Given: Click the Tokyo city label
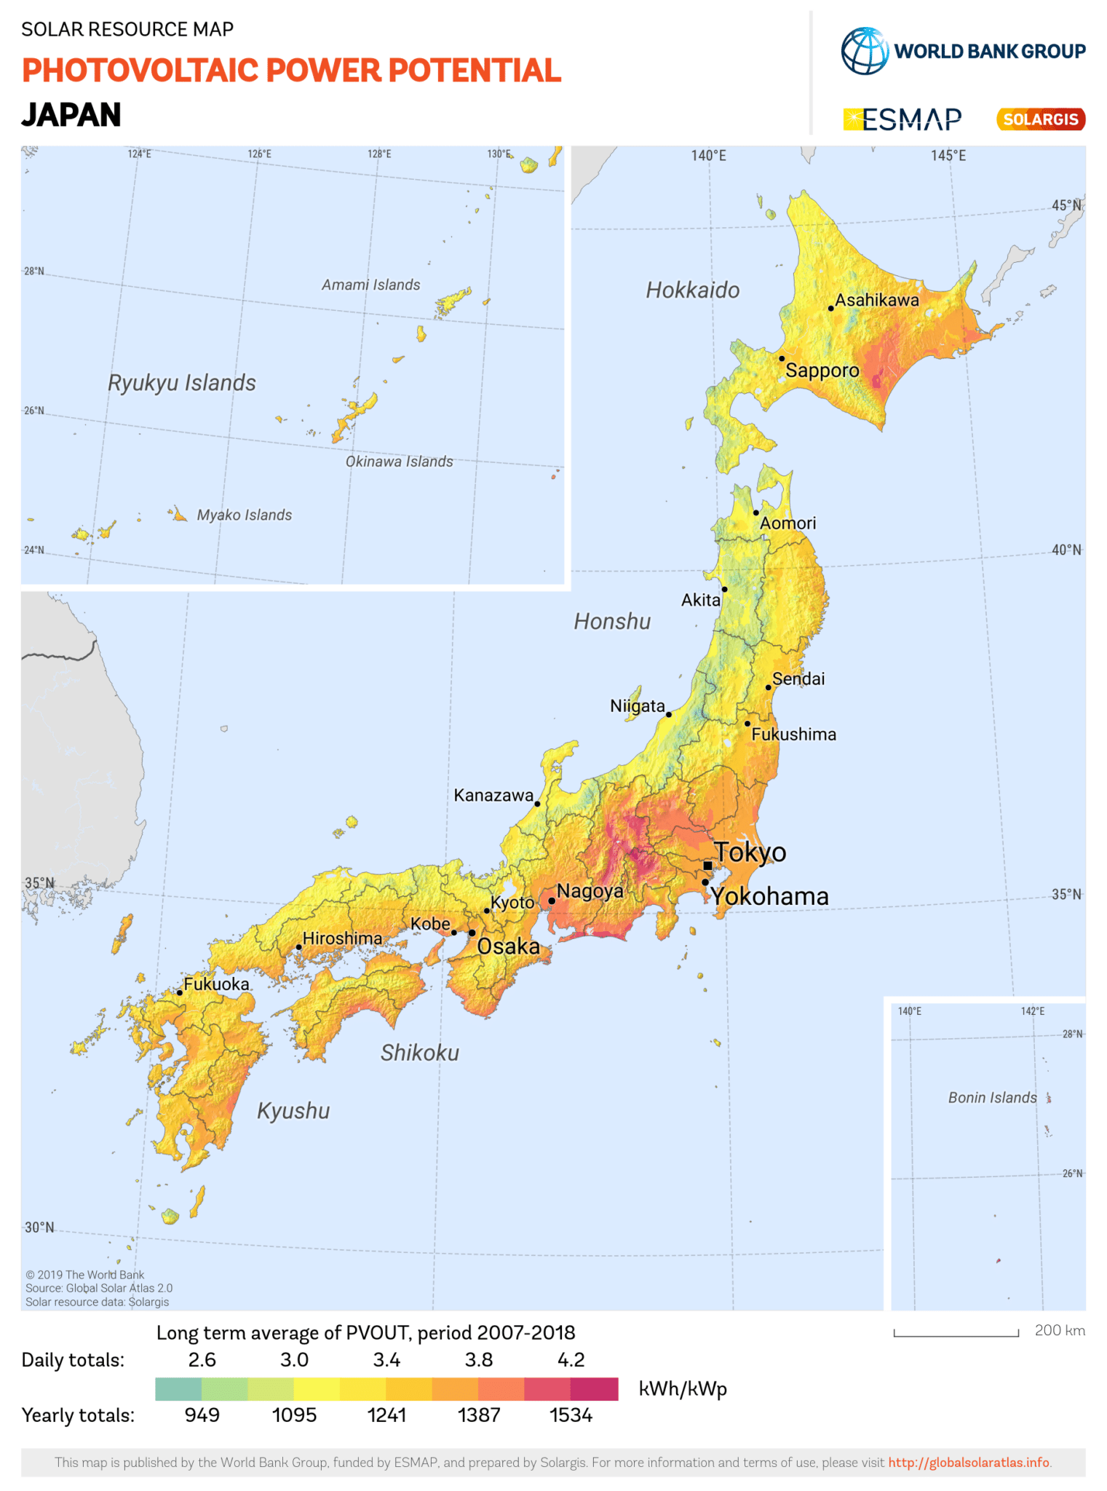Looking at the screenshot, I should [750, 852].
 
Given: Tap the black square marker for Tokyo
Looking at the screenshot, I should [707, 866].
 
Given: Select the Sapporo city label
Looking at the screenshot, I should [822, 371].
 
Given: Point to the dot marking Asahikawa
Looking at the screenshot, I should [830, 309].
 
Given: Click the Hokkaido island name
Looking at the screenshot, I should [692, 290].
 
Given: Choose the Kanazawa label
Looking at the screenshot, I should [493, 795].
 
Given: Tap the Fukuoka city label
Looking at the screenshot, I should [216, 984].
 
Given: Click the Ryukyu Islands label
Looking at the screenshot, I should [182, 383].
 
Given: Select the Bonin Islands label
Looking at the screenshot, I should [992, 1098].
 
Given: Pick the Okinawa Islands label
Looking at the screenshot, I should [399, 462].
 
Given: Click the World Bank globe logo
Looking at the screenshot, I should [865, 51].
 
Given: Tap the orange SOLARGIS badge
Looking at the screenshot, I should [1040, 119].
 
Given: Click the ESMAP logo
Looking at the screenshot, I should [902, 119].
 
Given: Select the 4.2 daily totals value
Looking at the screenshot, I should [571, 1360].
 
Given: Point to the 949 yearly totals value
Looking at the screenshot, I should [202, 1415].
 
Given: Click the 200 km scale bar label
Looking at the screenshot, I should [1059, 1331].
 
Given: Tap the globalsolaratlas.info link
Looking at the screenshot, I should [969, 1463].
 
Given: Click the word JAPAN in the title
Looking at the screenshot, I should [71, 115].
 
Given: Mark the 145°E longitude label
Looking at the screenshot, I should [948, 156].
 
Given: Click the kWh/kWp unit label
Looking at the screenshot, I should [683, 1389].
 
